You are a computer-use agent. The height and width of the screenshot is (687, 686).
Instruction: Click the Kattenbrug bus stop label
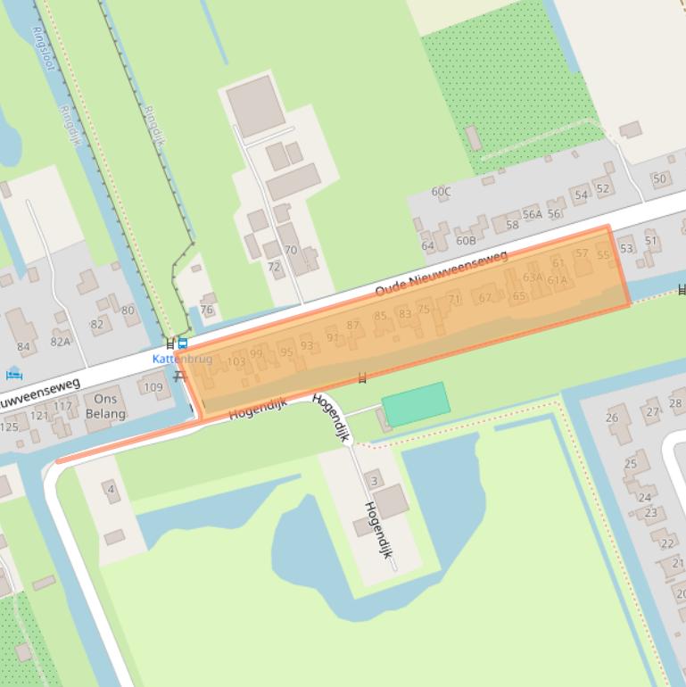click(182, 359)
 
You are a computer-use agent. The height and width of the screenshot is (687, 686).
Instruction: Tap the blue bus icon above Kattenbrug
click(183, 343)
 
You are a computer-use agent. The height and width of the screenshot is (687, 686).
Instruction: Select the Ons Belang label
click(106, 407)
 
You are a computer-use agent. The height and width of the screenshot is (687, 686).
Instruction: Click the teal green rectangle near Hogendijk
click(416, 404)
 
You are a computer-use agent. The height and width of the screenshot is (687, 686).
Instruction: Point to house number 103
click(236, 361)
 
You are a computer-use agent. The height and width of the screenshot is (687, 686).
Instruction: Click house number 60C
click(441, 192)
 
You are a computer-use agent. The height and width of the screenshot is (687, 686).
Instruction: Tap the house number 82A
click(60, 341)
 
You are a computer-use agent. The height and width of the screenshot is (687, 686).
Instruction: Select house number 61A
click(558, 280)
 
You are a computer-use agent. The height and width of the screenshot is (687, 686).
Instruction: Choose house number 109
click(153, 387)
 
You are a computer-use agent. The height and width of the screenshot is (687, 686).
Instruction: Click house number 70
click(291, 251)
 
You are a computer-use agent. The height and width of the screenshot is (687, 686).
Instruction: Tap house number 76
click(207, 310)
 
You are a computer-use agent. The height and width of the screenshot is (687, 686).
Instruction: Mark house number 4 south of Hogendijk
click(112, 489)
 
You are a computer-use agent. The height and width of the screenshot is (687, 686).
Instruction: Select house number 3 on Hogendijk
click(375, 481)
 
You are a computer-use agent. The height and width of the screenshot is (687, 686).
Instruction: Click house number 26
click(612, 418)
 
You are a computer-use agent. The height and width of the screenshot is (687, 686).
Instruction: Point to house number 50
click(659, 178)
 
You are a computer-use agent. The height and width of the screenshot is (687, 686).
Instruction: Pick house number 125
click(8, 426)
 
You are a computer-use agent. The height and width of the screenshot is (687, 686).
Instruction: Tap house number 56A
click(533, 214)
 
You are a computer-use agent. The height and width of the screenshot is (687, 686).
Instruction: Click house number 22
click(667, 542)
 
